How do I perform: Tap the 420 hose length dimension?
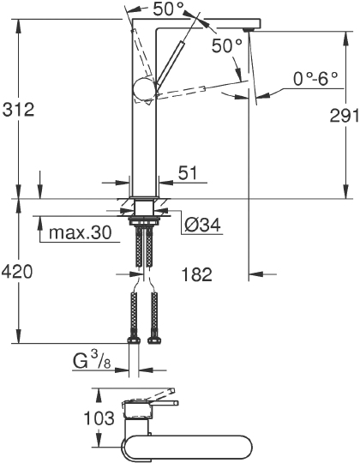[17, 272]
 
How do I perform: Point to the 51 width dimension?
[187, 173]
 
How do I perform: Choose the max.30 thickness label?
[81, 232]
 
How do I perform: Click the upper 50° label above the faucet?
[167, 10]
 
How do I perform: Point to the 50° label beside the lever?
[227, 48]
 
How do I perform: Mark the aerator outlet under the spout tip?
[248, 29]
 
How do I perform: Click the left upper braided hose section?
[135, 249]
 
